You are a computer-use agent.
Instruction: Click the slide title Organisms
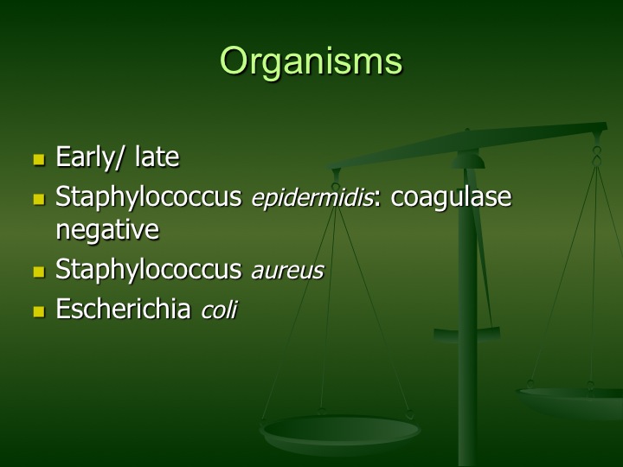(311, 61)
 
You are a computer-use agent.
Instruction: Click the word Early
(85, 157)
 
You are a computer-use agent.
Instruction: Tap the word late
(157, 156)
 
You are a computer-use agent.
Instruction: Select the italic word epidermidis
(311, 197)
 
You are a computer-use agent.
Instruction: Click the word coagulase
(451, 197)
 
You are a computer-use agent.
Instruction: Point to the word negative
(107, 229)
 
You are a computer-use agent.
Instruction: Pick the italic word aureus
(287, 272)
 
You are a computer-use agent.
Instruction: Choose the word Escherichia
(123, 308)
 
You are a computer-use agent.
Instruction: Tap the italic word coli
(219, 309)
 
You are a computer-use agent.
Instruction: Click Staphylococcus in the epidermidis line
(149, 197)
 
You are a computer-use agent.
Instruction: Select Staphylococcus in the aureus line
(149, 270)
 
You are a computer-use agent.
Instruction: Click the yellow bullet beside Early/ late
(39, 160)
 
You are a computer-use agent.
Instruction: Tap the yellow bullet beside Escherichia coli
(39, 311)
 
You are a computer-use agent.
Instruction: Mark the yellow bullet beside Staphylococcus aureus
(39, 272)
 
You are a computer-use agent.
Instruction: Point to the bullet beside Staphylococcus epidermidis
(39, 200)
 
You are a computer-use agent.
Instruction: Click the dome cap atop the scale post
(468, 160)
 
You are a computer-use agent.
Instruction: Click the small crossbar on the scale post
(467, 335)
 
